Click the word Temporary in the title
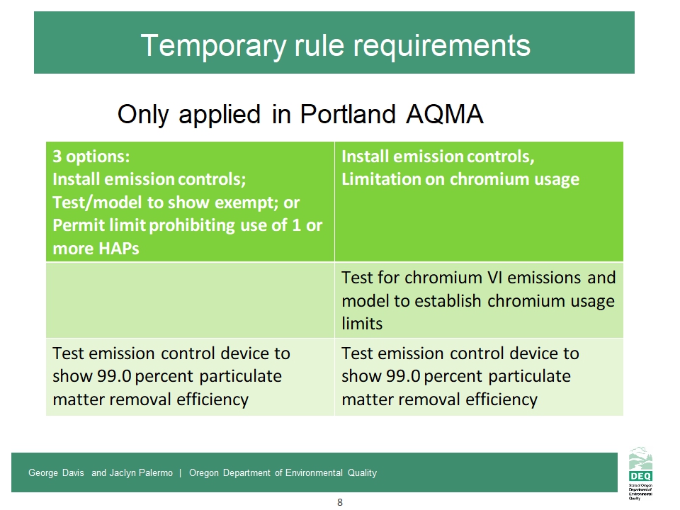(213, 46)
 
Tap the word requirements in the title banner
(441, 46)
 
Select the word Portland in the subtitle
(348, 114)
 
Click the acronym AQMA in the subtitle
(445, 114)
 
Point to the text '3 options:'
(91, 156)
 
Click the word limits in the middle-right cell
(362, 324)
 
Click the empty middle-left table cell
(190, 300)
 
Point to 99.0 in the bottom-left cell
(114, 376)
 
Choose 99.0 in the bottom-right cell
(403, 376)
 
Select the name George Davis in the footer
(56, 472)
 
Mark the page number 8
(340, 502)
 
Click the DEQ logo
(640, 472)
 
